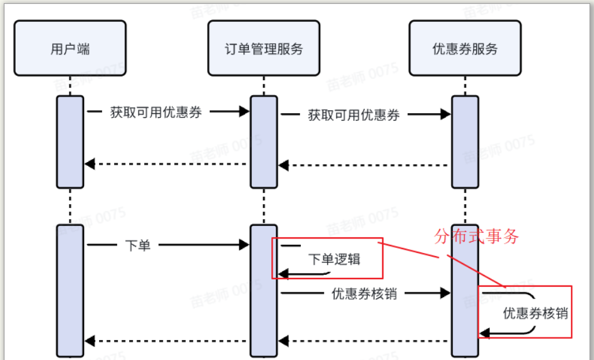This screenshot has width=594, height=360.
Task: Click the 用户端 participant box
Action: tap(70, 48)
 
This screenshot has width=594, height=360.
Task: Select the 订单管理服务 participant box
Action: tap(264, 48)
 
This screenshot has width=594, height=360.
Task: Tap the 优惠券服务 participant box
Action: tap(465, 48)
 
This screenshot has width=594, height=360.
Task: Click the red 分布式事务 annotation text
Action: tap(477, 237)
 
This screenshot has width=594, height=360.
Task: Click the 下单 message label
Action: tap(138, 245)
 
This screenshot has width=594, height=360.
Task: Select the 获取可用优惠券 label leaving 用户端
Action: tap(156, 113)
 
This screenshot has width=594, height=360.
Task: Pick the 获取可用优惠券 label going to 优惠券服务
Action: tap(354, 115)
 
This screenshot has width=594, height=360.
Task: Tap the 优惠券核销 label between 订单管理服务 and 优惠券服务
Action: tap(364, 294)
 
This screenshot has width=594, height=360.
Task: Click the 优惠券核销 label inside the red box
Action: tap(535, 314)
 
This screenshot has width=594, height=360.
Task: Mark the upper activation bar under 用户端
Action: tap(70, 141)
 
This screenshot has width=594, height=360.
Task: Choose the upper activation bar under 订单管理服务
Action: tap(264, 141)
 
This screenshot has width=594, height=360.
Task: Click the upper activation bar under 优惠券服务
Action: tap(465, 141)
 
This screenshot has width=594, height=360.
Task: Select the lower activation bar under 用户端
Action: tap(70, 291)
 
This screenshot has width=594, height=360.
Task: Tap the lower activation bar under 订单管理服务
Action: tap(264, 291)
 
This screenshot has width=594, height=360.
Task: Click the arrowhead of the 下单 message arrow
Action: tap(245, 245)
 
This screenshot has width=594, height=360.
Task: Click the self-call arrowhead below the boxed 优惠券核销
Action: tap(484, 335)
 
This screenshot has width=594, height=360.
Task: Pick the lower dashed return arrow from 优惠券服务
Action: tap(363, 341)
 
